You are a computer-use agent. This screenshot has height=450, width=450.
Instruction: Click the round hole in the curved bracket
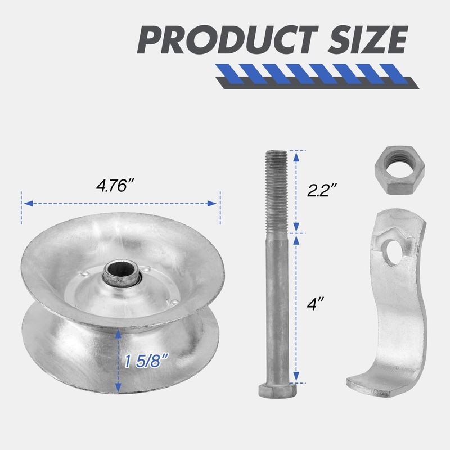coord(393,252)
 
